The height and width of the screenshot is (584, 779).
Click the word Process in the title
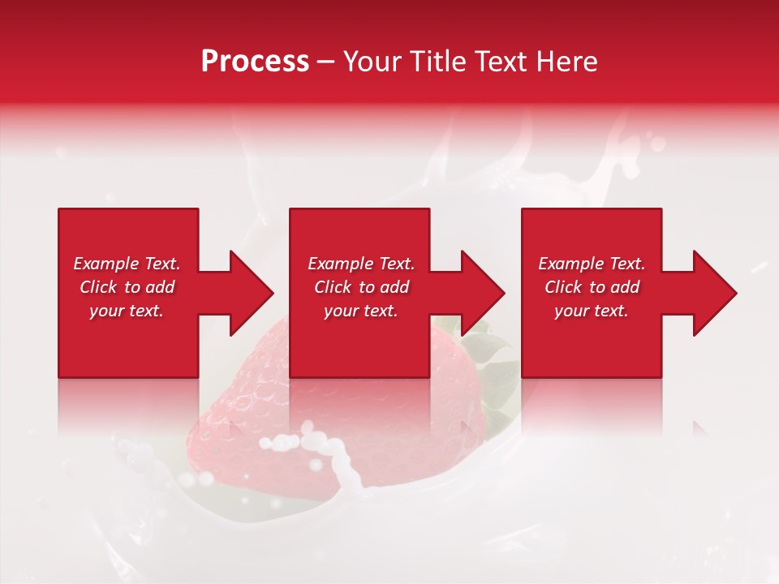click(x=255, y=61)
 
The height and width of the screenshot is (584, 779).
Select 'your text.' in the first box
click(x=127, y=311)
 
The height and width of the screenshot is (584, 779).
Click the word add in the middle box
click(x=394, y=287)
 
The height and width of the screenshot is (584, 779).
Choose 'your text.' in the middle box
click(x=361, y=311)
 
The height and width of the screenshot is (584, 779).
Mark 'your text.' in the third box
click(x=592, y=311)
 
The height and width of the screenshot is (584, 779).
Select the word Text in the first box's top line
click(x=162, y=264)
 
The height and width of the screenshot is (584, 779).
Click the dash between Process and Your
click(x=325, y=62)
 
